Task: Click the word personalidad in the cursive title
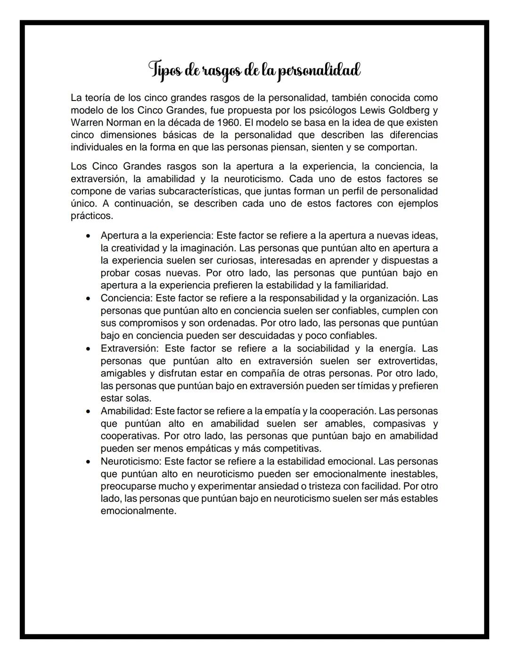319,71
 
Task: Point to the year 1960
222,123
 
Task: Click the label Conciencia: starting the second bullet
126,298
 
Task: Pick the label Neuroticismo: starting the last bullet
131,461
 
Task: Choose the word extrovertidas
407,361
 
